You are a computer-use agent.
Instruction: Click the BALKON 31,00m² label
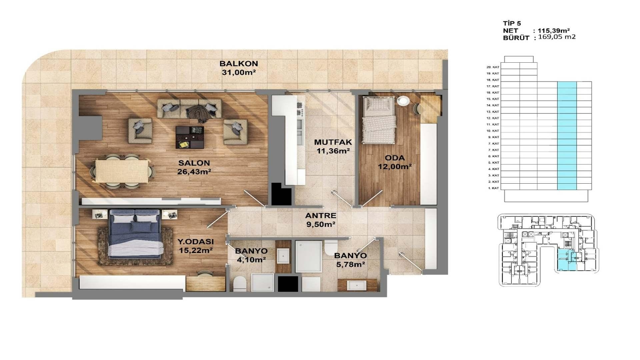click(239, 68)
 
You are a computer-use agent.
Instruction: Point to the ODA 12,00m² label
click(395, 162)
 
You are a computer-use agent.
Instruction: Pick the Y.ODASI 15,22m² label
click(196, 246)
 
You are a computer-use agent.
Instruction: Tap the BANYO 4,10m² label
click(251, 255)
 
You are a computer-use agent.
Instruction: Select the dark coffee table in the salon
click(190, 137)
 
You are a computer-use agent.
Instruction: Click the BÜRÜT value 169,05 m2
click(557, 37)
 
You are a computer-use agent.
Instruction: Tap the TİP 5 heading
click(512, 23)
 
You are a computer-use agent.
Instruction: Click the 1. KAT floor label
click(493, 188)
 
